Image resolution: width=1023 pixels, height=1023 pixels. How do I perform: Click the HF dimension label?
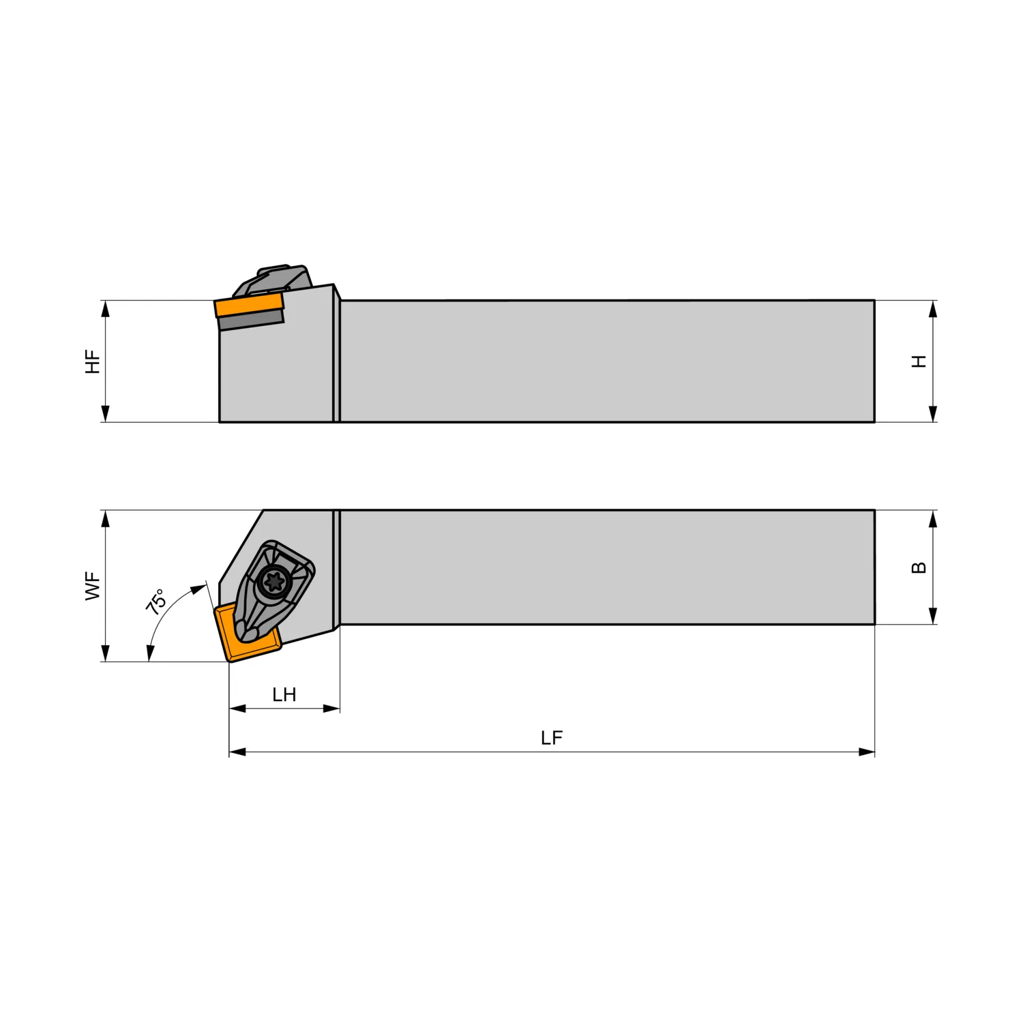[x=93, y=361]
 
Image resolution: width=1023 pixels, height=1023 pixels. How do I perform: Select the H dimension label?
[x=919, y=361]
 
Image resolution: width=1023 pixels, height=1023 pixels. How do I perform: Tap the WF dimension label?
[x=93, y=587]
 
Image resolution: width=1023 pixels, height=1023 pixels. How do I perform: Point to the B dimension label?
[x=919, y=567]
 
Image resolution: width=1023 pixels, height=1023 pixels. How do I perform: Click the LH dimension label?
[x=284, y=695]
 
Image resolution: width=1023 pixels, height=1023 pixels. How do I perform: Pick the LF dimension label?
[x=552, y=738]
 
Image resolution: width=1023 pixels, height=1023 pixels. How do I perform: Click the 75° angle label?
[x=156, y=602]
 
